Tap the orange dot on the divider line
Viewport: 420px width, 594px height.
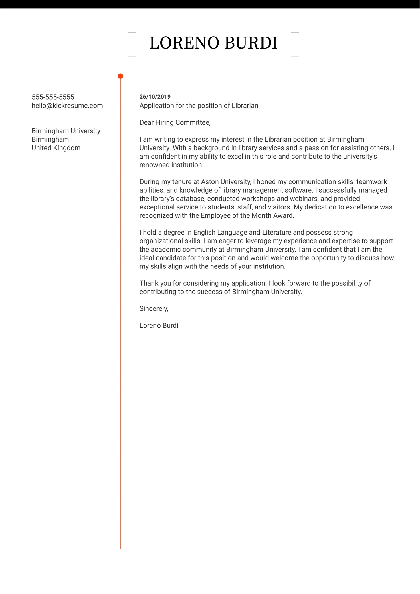tap(120, 76)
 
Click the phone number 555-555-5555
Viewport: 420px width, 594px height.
tap(53, 97)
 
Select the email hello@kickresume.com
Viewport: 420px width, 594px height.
tap(67, 106)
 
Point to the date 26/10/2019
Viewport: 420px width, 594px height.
tap(155, 97)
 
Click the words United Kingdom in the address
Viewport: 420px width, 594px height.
tap(56, 148)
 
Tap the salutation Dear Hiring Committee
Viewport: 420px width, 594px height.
tap(175, 122)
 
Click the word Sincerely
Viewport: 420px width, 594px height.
tap(153, 308)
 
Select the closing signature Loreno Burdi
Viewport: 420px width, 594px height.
tap(159, 325)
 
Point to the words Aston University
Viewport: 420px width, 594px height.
tap(226, 182)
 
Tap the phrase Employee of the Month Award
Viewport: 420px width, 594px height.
tap(247, 215)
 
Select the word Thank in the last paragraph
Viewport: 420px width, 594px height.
tap(149, 283)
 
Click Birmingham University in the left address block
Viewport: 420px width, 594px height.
tap(66, 131)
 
